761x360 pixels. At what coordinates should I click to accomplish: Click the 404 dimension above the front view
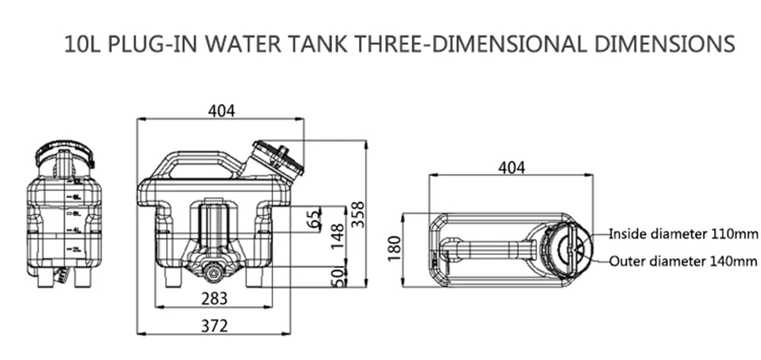tap(221, 110)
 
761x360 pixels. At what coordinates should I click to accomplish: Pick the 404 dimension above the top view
tap(511, 167)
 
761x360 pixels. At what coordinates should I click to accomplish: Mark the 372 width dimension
tap(215, 326)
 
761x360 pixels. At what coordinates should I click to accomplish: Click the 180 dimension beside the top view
tap(394, 249)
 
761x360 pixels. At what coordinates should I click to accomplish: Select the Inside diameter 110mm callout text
tap(683, 233)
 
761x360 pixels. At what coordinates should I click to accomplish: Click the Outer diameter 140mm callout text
tap(683, 261)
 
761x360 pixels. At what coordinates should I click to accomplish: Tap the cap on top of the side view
tap(65, 156)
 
